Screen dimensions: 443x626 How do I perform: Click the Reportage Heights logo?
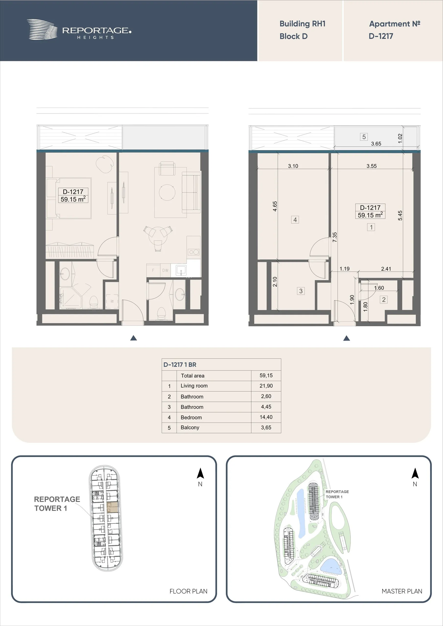click(79, 30)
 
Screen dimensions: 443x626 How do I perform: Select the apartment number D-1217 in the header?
click(381, 36)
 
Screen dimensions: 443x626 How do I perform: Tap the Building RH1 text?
click(303, 24)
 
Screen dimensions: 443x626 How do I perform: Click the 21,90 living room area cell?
click(266, 386)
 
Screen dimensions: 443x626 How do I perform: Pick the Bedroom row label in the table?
click(191, 417)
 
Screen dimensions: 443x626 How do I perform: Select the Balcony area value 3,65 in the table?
click(266, 427)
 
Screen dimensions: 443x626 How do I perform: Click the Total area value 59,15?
click(266, 375)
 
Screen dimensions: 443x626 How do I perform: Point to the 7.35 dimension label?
click(335, 237)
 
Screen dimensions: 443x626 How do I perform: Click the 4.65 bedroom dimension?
click(275, 206)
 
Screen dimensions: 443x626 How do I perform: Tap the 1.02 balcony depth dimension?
click(400, 138)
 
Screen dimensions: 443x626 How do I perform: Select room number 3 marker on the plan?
click(301, 291)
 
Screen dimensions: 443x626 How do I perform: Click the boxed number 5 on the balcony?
click(364, 137)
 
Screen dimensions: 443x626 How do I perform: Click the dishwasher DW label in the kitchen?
click(165, 270)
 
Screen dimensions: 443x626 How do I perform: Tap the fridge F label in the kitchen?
click(153, 270)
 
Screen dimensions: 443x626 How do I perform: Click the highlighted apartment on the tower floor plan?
click(112, 507)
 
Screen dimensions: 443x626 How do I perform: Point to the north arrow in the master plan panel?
click(415, 473)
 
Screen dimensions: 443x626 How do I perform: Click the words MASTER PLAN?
click(402, 591)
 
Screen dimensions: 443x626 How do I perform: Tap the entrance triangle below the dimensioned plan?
click(347, 338)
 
